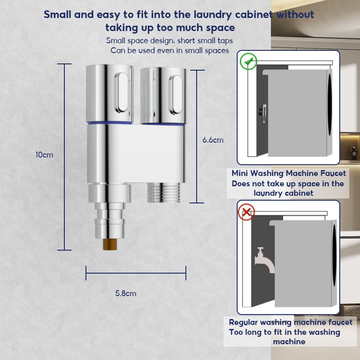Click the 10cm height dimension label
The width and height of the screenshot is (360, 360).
[45, 155]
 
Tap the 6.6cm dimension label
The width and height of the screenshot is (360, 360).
[213, 140]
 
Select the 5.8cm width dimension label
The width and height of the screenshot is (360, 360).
[126, 293]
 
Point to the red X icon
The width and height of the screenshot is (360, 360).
[247, 212]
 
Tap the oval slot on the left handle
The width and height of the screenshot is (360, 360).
[119, 93]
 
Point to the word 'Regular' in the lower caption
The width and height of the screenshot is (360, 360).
[245, 322]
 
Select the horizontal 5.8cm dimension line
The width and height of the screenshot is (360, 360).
[135, 272]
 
